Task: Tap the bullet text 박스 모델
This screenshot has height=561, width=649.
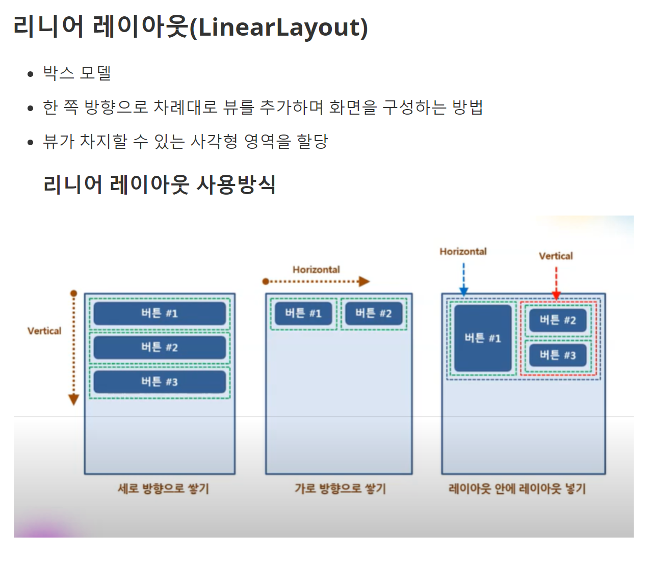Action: pos(77,73)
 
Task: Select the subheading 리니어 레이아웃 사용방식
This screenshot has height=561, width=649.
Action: pos(160,184)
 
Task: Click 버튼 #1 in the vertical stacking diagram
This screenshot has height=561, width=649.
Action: pos(160,313)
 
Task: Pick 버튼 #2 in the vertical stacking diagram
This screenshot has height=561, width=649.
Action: pos(160,348)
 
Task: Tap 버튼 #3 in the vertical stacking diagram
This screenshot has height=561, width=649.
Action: pos(160,382)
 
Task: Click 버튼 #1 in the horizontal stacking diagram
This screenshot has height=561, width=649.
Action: pos(303,313)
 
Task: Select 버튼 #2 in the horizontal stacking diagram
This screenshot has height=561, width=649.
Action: pos(374,313)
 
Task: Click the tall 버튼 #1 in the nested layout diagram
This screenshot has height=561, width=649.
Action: pos(483,338)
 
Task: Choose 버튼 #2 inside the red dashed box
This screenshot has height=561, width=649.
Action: pos(558,320)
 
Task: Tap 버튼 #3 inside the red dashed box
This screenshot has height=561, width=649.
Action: pos(558,355)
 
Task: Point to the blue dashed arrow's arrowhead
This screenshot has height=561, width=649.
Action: pos(464,291)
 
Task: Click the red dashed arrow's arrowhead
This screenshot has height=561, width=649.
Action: pos(556,295)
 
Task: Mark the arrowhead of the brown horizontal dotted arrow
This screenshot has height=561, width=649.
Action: pos(364,281)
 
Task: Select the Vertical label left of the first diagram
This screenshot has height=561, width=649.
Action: pos(44,331)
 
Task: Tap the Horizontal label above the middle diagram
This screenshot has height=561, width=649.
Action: pos(316,270)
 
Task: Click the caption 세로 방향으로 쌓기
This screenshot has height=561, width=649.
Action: pos(163,489)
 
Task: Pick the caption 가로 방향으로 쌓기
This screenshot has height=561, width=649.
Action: pos(340,489)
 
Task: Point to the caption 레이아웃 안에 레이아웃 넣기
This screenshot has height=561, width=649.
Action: pos(517,489)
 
